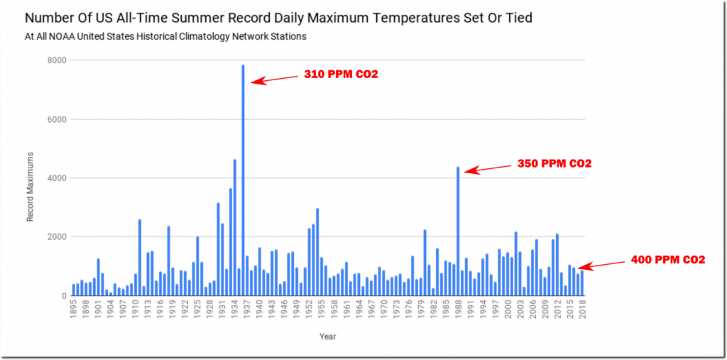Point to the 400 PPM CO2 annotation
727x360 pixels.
pyautogui.click(x=668, y=260)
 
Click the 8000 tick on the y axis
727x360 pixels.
pyautogui.click(x=58, y=60)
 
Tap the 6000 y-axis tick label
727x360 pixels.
pyautogui.click(x=58, y=119)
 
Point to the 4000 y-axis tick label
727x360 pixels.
pyautogui.click(x=58, y=178)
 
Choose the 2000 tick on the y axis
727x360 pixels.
pyautogui.click(x=58, y=237)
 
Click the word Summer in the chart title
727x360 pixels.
pyautogui.click(x=186, y=17)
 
